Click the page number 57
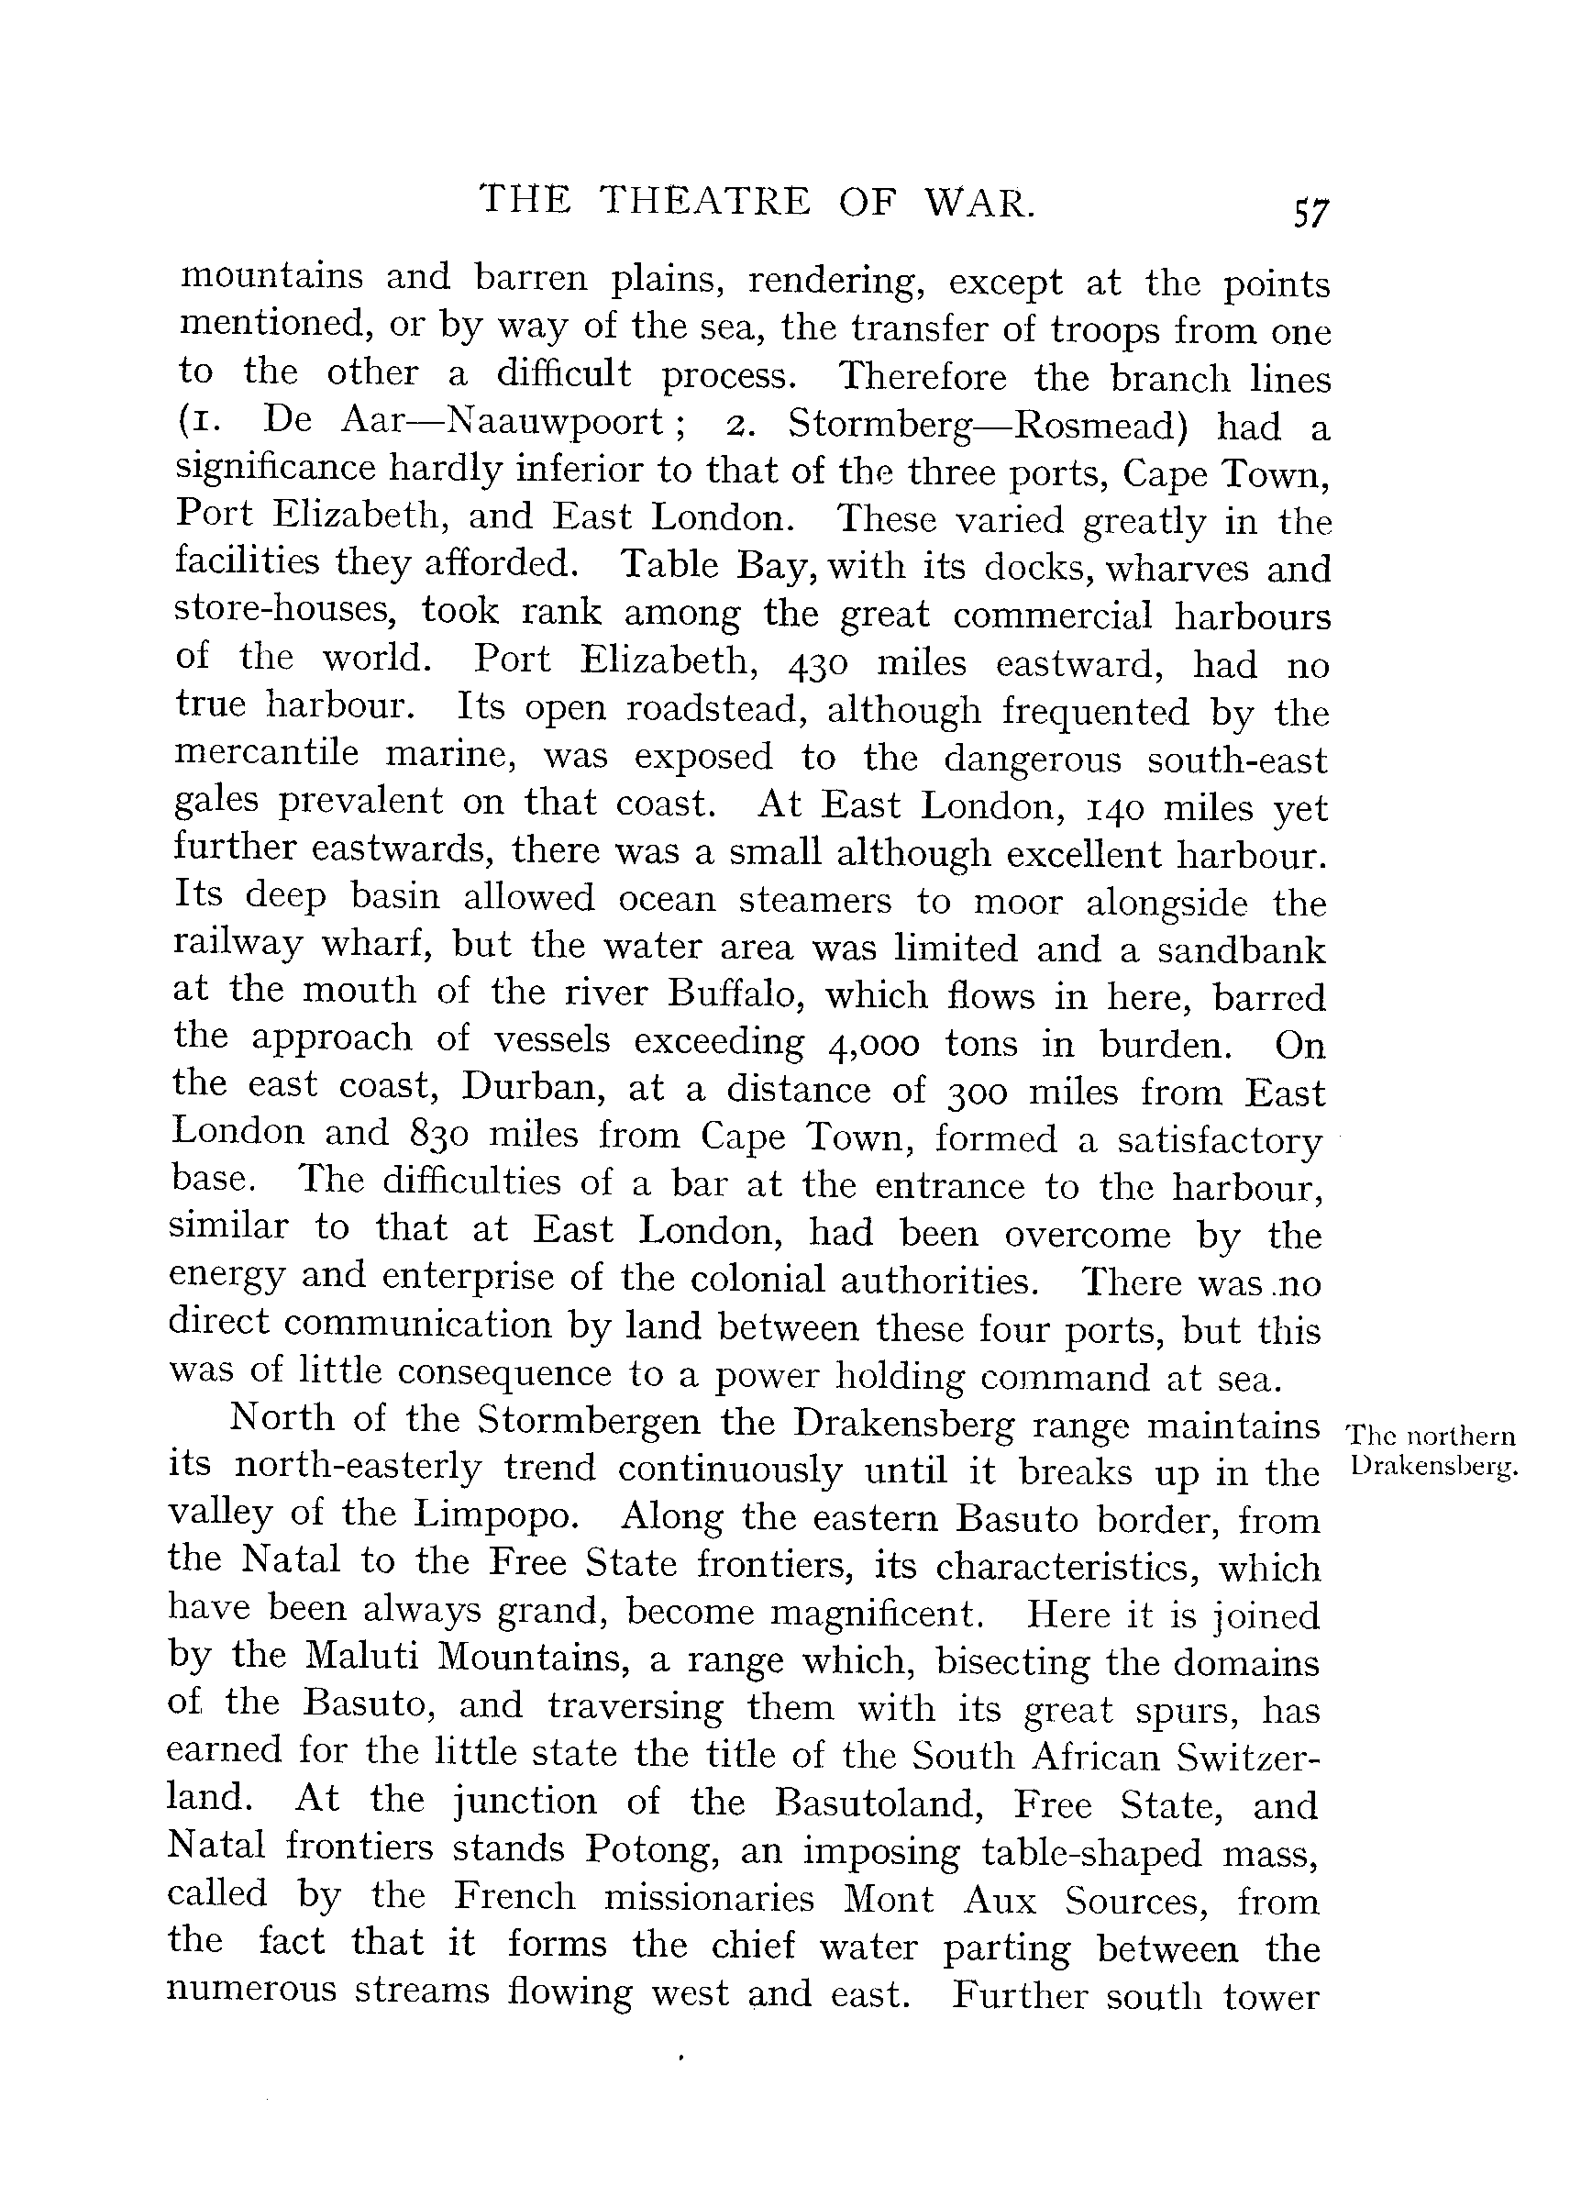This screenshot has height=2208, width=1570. click(1310, 212)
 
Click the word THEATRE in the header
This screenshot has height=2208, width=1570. click(703, 201)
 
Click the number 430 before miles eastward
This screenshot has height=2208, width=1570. click(819, 663)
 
